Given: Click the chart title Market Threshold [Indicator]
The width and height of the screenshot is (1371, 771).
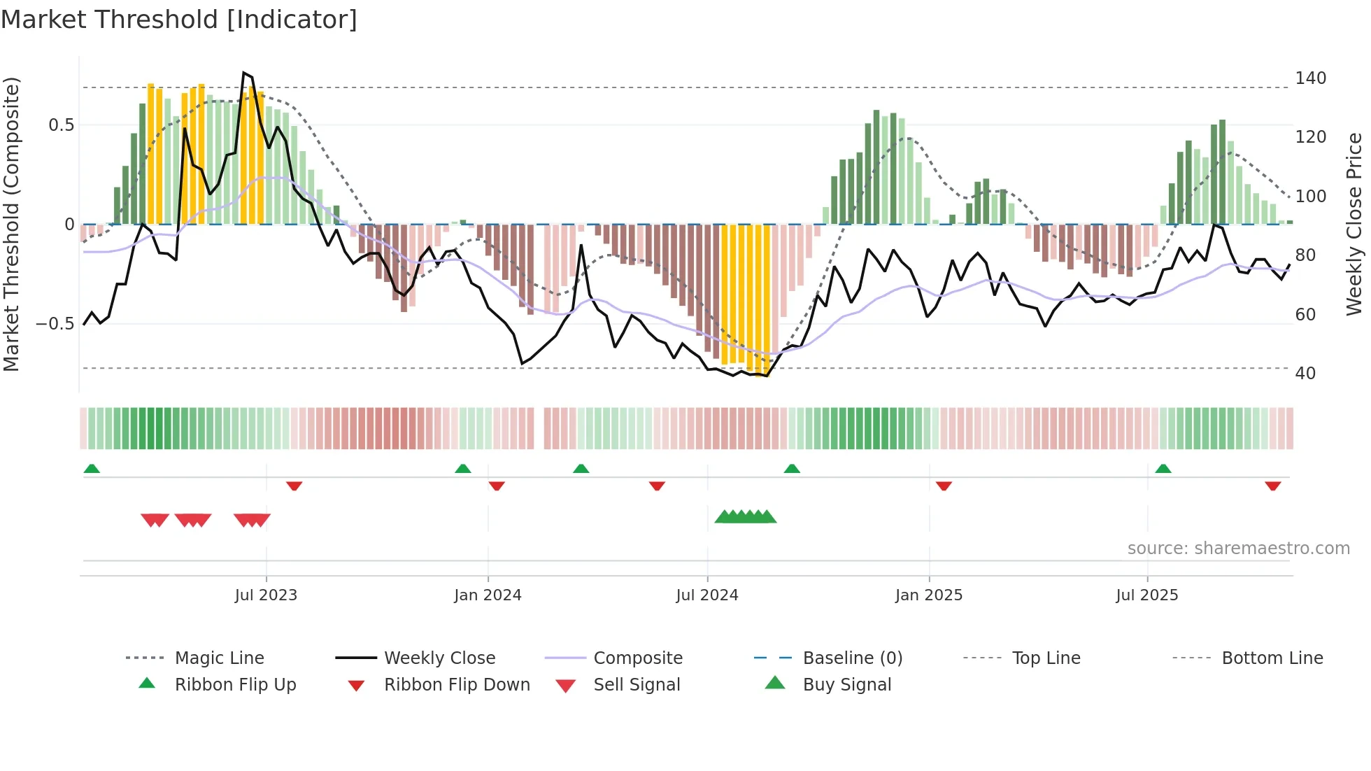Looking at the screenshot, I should click(179, 20).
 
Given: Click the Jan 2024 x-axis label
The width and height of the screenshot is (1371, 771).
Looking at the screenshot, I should click(488, 595).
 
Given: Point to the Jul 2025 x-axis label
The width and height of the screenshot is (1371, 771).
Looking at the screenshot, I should click(1146, 595).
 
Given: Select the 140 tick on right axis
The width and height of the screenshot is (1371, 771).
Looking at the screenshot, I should click(1310, 78).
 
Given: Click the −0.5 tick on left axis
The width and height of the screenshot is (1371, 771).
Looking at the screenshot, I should click(55, 324).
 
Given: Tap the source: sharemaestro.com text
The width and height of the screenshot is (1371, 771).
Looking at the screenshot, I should click(1238, 549).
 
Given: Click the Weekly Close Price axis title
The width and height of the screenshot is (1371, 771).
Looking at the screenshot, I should click(1354, 224).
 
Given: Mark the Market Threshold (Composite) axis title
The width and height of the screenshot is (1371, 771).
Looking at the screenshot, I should click(11, 224).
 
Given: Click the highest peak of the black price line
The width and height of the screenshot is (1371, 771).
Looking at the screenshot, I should click(243, 73).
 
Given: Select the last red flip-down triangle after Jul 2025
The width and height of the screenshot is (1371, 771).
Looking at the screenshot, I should click(1272, 486).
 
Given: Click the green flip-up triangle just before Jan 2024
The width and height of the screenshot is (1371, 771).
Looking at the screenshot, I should click(462, 469).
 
